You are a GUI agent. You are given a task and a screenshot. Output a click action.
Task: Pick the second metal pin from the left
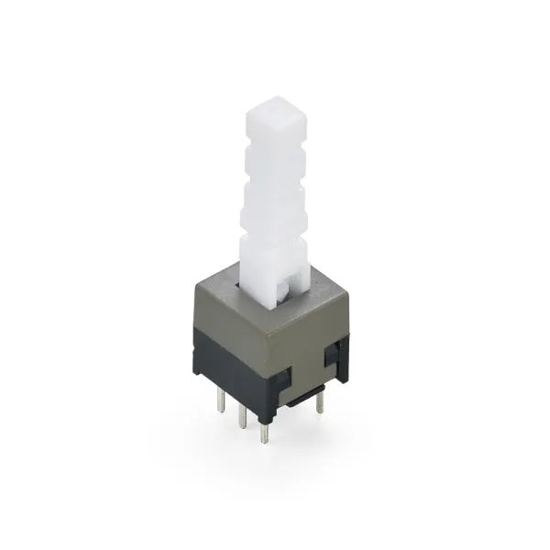click(242, 414)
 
